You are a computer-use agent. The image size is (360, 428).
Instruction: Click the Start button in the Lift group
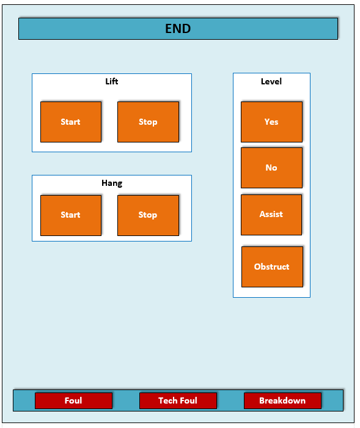tap(71, 122)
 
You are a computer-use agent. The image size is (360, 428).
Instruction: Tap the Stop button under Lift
tap(148, 122)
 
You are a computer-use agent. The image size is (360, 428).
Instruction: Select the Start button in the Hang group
tap(71, 215)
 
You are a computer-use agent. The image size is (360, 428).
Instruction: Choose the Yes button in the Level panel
tap(271, 122)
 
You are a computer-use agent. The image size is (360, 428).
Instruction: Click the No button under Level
tap(271, 168)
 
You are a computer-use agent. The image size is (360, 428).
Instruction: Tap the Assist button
tap(271, 215)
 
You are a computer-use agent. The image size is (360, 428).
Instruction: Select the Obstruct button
tap(272, 267)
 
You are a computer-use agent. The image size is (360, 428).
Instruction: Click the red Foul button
tap(73, 400)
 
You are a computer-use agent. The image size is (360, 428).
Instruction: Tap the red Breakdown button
tap(282, 400)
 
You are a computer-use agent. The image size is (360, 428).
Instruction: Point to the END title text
tap(178, 29)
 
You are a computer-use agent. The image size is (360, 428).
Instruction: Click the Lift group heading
tap(112, 81)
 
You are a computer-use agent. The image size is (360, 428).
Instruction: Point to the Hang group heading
tap(112, 183)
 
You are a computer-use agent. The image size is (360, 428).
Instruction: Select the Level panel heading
tap(271, 81)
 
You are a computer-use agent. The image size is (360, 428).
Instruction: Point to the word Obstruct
tap(271, 267)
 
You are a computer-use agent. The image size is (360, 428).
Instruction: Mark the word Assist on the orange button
tap(271, 214)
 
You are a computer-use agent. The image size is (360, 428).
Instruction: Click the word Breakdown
tap(282, 400)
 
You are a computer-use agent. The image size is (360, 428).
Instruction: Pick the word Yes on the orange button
tap(271, 122)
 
